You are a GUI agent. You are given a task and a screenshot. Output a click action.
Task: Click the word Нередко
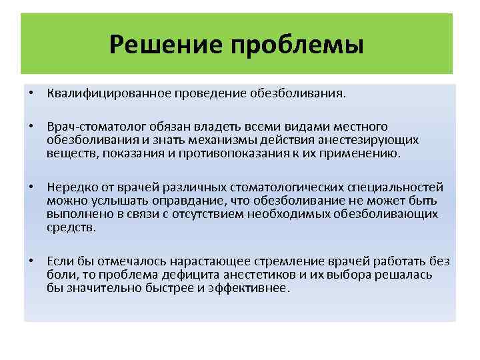[x=70, y=188]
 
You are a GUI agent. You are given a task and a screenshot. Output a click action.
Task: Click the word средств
[x=71, y=227]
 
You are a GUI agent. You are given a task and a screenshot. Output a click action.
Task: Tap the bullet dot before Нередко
[x=32, y=188]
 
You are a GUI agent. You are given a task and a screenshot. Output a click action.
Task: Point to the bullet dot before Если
[x=32, y=262]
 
